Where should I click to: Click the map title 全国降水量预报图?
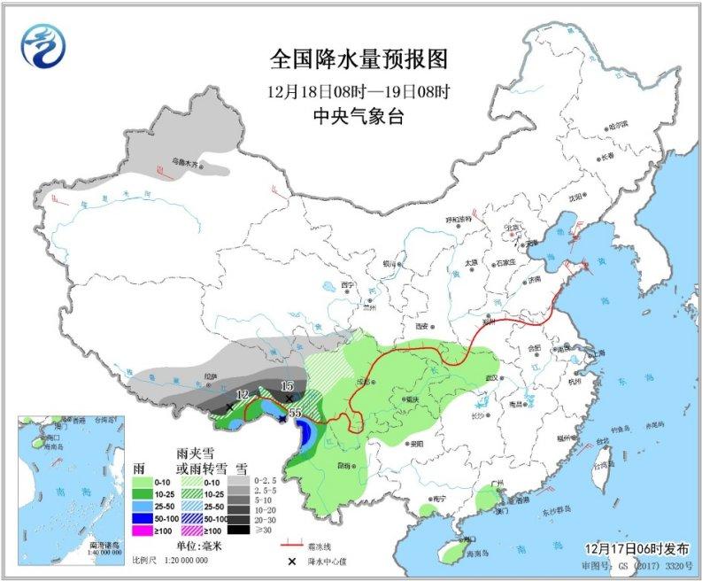tap(359, 59)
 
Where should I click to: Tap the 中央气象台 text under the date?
tap(359, 116)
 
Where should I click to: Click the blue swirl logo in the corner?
tap(44, 45)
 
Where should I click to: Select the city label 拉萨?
tap(210, 376)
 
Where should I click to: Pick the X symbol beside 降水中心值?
tap(290, 561)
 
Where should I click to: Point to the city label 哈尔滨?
tap(623, 124)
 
